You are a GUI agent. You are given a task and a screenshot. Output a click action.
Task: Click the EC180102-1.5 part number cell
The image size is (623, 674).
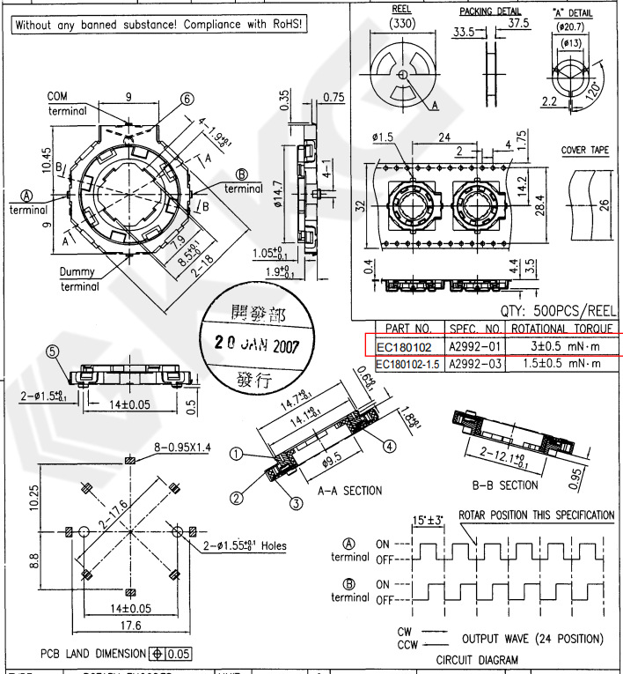[x=409, y=364]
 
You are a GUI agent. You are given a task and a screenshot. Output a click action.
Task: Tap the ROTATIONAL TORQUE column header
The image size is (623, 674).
[x=562, y=328]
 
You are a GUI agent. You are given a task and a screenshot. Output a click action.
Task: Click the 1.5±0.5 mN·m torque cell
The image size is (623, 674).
[x=562, y=364]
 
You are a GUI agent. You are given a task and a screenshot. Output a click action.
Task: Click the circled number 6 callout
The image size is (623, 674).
[x=187, y=100]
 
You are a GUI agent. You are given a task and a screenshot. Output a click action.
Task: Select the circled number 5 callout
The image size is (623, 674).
[x=53, y=352]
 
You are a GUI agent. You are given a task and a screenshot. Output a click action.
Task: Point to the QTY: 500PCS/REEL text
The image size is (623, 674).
[x=559, y=310]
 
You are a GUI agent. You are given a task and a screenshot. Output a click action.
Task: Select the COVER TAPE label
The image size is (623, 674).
[x=585, y=151]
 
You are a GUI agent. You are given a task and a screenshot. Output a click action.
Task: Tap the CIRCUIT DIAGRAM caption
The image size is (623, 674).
[x=477, y=659]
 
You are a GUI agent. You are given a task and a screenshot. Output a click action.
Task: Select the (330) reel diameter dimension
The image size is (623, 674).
[x=402, y=26]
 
